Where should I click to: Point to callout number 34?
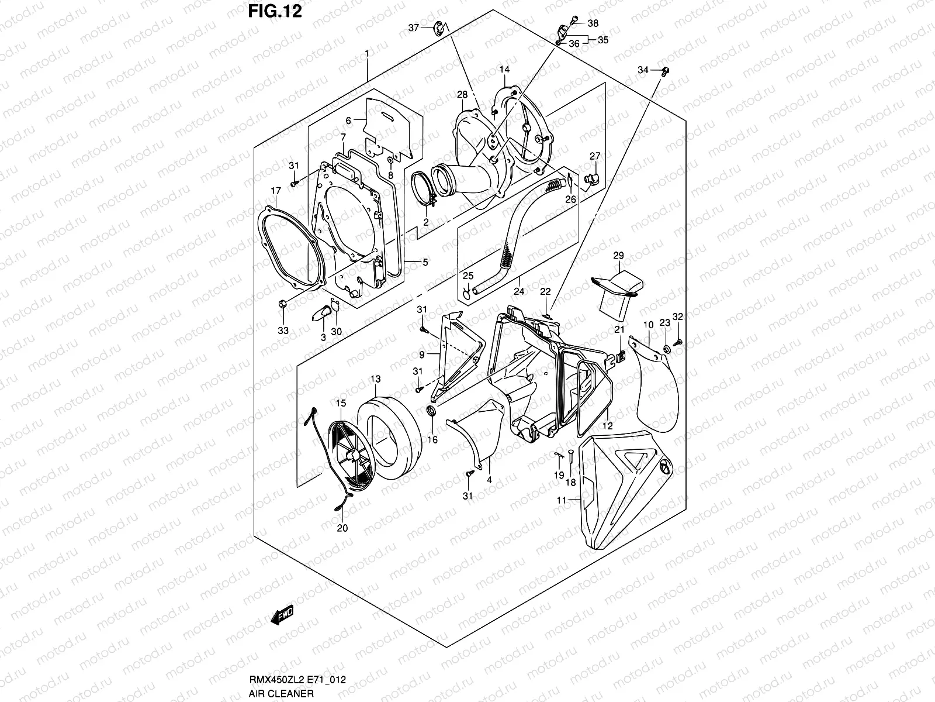[643, 70]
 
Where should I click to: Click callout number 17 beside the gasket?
[276, 191]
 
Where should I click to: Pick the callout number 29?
[618, 256]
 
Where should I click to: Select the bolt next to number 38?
[575, 19]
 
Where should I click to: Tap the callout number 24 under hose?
[518, 291]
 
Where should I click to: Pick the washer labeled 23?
[666, 350]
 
